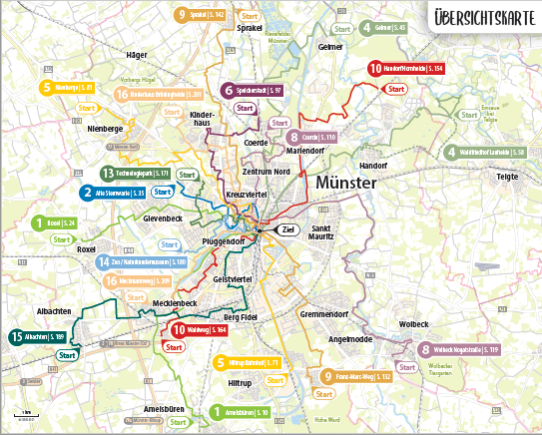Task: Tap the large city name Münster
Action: tap(344, 185)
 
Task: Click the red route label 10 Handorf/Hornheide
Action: tap(404, 70)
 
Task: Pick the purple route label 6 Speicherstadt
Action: tap(254, 90)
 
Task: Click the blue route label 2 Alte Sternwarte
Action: tap(115, 193)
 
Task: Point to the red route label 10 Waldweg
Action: tap(205, 329)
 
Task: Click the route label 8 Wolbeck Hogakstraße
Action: tap(459, 350)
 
